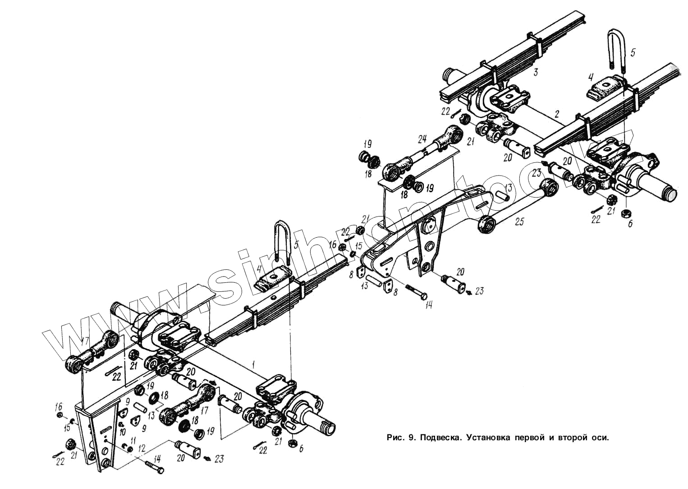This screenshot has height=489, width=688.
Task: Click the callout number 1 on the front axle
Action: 254,363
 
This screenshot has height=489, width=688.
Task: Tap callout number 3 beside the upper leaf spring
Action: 535,72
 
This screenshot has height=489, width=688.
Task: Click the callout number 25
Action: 520,222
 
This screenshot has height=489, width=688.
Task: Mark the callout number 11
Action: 133,440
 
